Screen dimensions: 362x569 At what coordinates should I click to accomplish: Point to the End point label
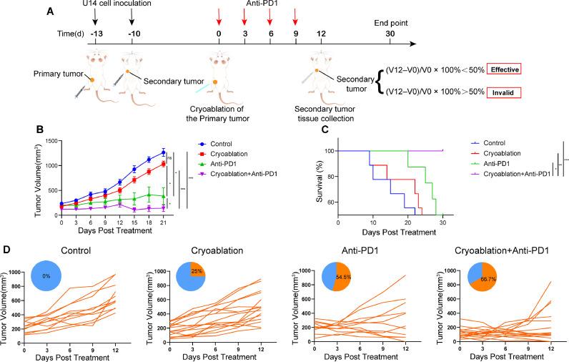point(388,21)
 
